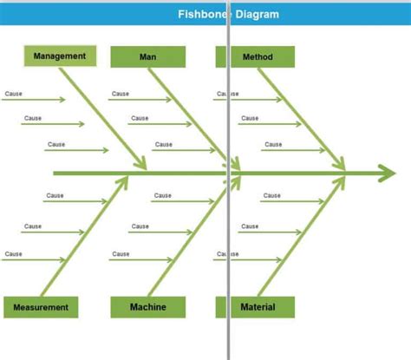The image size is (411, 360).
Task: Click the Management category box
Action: (x=60, y=56)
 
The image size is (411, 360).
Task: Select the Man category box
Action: (x=148, y=57)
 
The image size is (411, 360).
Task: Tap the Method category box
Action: (x=255, y=57)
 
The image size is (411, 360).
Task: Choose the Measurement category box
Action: (x=41, y=307)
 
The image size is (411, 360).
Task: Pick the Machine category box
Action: (x=148, y=307)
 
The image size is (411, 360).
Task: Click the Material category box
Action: (x=255, y=307)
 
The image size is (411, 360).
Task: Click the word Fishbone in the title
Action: (x=203, y=14)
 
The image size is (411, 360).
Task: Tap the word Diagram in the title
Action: (x=258, y=14)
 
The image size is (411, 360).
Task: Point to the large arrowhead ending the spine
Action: (x=388, y=173)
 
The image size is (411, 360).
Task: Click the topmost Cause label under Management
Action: (x=14, y=94)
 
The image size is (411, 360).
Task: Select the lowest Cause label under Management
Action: (x=56, y=144)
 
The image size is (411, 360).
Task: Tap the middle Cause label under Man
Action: (x=140, y=118)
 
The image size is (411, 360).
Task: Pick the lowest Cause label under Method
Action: (x=273, y=144)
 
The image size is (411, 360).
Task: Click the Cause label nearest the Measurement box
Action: (x=14, y=254)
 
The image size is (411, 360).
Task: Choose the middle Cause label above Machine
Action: (x=140, y=226)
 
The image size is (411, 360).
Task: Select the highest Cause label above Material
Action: (x=272, y=195)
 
